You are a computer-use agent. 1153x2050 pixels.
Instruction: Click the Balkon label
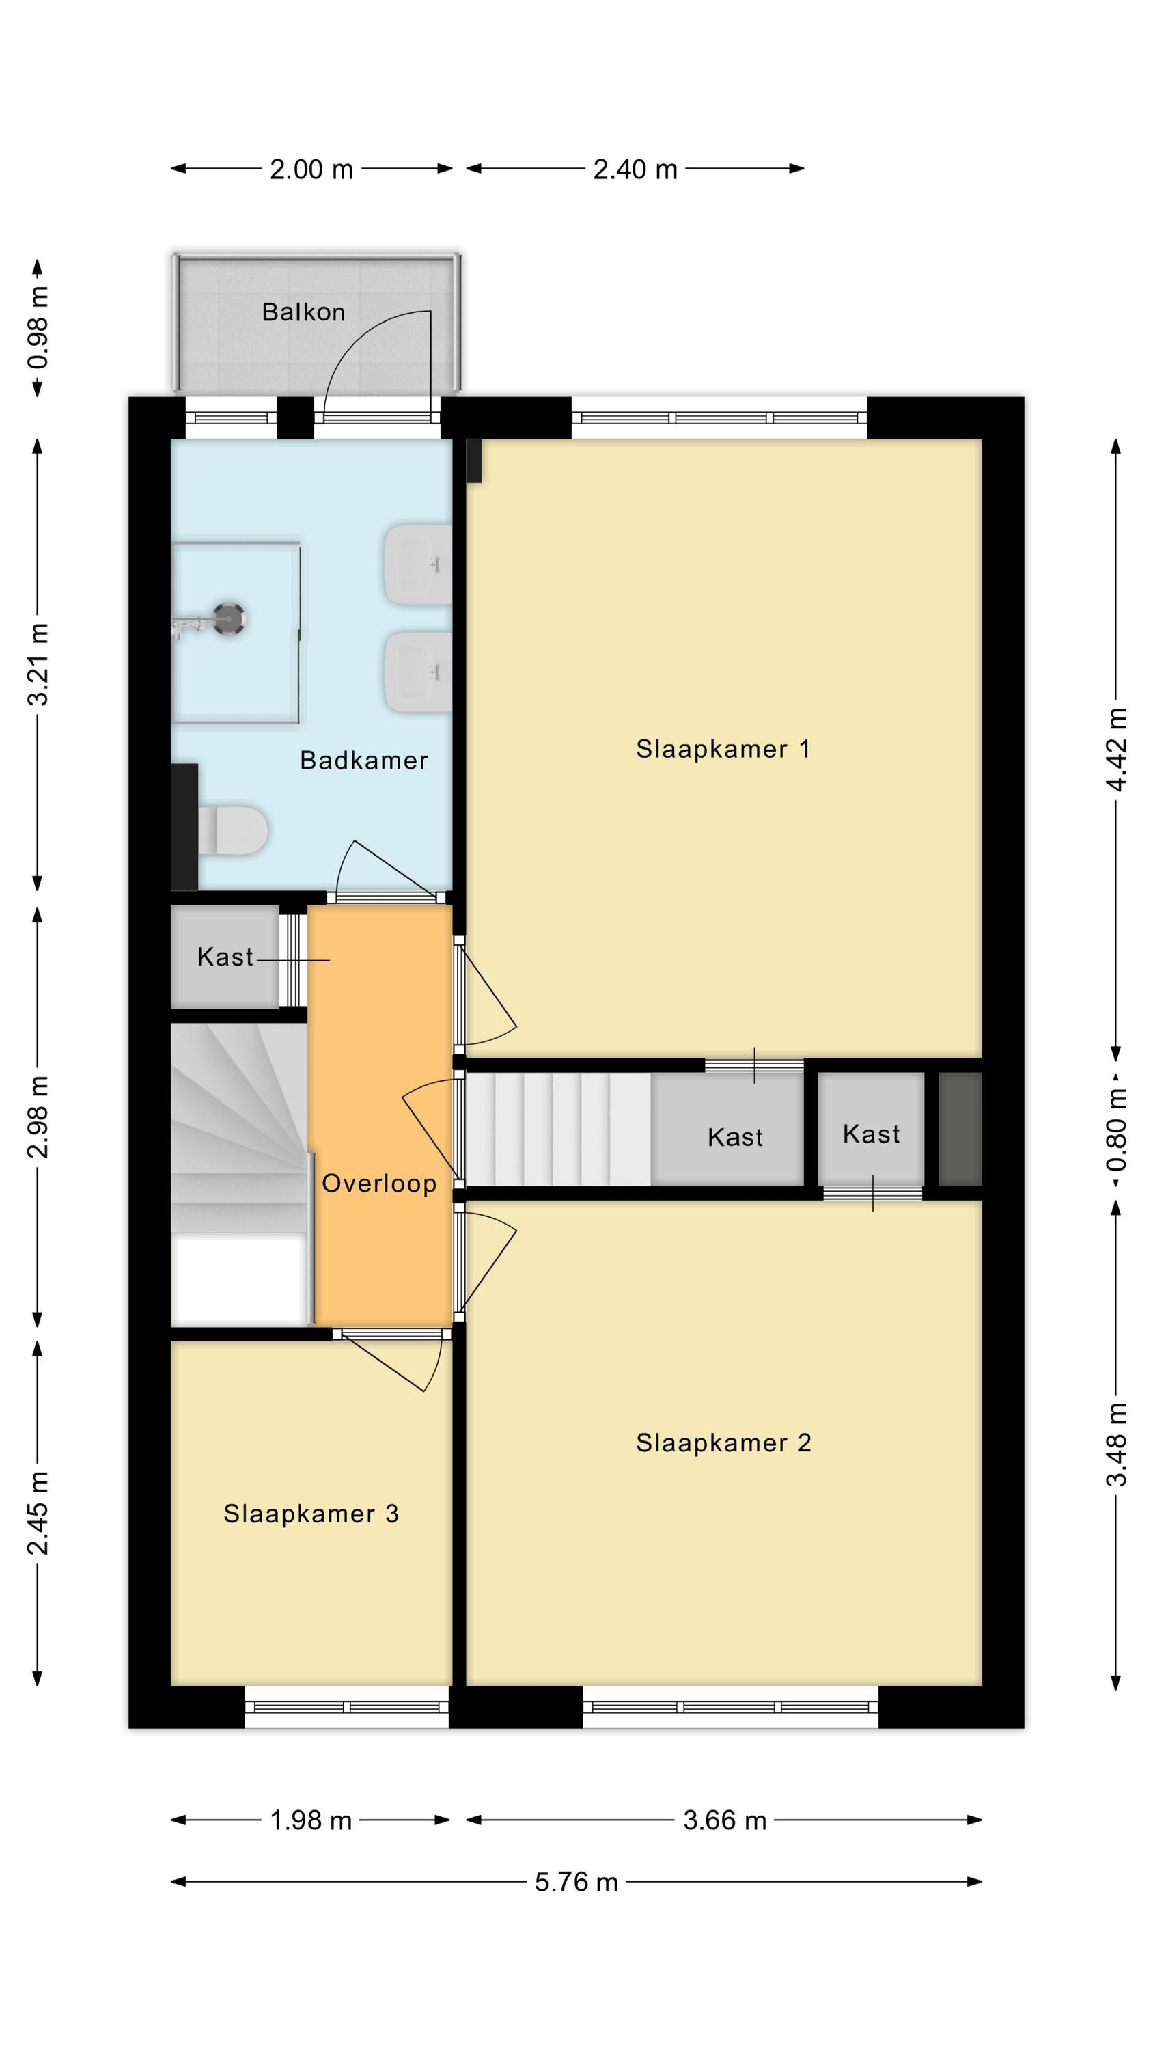[x=303, y=312]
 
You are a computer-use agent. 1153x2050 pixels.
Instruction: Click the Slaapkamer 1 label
[x=723, y=749]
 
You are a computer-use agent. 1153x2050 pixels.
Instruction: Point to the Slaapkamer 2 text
[x=723, y=1443]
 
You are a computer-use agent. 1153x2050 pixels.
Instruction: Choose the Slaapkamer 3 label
[x=311, y=1514]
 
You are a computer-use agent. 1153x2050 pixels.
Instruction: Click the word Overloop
[x=379, y=1184]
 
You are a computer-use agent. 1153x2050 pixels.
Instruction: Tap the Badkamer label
[x=363, y=760]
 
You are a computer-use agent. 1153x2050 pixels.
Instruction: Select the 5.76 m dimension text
[x=576, y=1882]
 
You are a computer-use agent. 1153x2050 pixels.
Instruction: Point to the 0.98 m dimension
[x=38, y=328]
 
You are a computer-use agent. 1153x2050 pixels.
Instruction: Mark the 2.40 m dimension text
[x=635, y=169]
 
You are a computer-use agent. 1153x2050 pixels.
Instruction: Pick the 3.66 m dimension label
[x=724, y=1820]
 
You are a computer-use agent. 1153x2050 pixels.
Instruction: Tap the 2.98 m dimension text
[x=38, y=1117]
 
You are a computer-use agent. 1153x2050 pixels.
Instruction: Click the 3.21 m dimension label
[x=38, y=664]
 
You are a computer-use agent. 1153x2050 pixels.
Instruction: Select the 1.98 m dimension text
[x=310, y=1820]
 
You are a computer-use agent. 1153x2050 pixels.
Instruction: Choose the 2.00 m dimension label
[x=311, y=169]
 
